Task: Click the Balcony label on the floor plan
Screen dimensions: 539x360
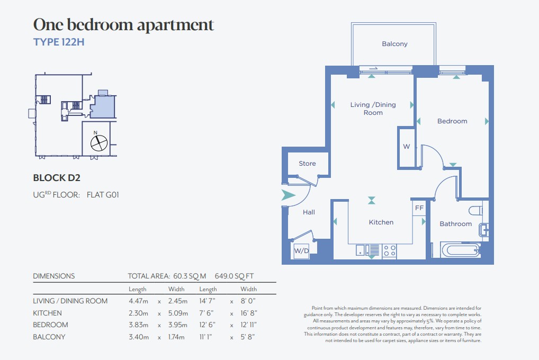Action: (x=394, y=44)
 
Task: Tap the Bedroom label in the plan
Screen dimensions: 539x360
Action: (x=452, y=121)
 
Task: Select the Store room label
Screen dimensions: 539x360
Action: (x=307, y=164)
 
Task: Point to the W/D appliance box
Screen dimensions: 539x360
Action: (x=301, y=250)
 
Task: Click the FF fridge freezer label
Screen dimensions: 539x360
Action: (x=419, y=208)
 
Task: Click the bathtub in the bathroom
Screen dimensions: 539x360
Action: (x=461, y=250)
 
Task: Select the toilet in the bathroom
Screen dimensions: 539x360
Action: (x=475, y=210)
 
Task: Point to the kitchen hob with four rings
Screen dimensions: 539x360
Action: (x=390, y=250)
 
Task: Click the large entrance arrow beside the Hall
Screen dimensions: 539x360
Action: (x=288, y=195)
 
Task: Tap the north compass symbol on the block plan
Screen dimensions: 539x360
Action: (x=98, y=143)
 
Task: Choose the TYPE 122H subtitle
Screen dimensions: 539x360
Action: (x=59, y=42)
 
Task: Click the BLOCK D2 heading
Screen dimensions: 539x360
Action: (x=56, y=178)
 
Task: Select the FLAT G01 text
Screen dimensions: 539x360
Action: (x=102, y=195)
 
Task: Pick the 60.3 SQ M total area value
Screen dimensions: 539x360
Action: (x=190, y=276)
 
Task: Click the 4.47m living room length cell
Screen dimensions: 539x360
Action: (x=138, y=301)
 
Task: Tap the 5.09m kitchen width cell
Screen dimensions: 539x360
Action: (x=178, y=313)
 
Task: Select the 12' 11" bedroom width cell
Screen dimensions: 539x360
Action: (x=248, y=325)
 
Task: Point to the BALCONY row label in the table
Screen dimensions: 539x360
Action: (x=49, y=337)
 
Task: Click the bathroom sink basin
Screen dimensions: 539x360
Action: (x=483, y=230)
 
